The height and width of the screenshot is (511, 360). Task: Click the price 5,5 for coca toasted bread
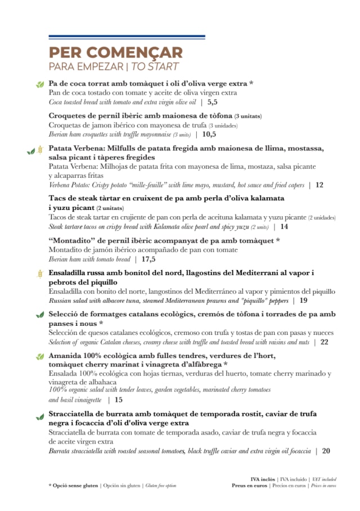coord(212,102)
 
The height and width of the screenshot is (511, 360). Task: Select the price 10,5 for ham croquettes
coord(209,135)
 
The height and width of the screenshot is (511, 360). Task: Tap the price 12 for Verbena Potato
coord(319,185)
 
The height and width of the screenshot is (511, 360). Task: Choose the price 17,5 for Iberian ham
coord(148,259)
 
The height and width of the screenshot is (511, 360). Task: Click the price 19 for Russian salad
coord(303,301)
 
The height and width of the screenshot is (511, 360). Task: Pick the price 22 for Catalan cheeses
coord(324,342)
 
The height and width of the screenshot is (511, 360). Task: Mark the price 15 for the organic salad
coord(118,400)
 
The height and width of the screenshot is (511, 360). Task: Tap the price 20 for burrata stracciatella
coord(326,451)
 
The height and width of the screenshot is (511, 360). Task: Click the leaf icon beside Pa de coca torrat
coord(40,84)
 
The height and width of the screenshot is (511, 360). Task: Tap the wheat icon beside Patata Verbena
coord(40,150)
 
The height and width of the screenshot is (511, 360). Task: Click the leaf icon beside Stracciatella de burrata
coord(40,416)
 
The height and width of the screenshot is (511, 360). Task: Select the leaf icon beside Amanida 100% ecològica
coord(40,357)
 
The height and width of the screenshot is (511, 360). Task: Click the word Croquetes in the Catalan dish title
coord(71,116)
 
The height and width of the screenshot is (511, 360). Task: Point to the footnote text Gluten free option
coord(160,485)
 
